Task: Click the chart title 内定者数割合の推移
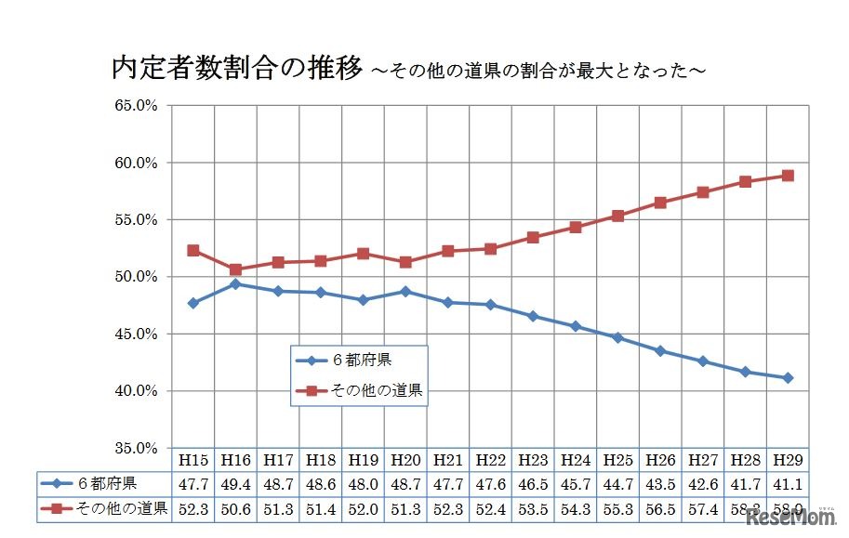pos(236,69)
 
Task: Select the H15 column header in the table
pos(193,460)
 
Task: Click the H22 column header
pos(490,460)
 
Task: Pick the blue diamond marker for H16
pos(235,283)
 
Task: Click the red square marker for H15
pos(193,250)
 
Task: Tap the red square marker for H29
pos(788,176)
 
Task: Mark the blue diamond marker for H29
pos(788,378)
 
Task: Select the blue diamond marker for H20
pos(405,291)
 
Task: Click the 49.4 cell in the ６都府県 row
pos(235,483)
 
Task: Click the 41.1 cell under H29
pos(788,483)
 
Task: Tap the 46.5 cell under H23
pos(533,483)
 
